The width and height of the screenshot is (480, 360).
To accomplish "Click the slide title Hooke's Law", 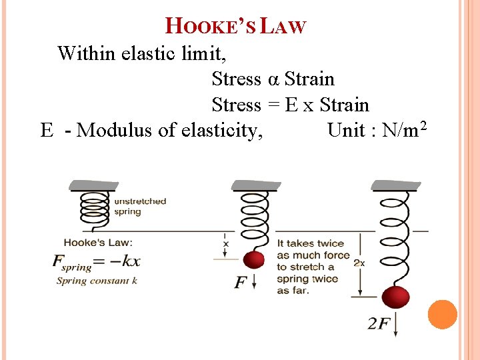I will pyautogui.click(x=235, y=26).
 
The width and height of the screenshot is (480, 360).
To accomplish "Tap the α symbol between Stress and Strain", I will pyautogui.click(x=273, y=79).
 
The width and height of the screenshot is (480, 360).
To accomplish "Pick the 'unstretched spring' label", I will pyautogui.click(x=140, y=205).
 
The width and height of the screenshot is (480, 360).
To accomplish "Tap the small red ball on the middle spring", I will pyautogui.click(x=254, y=260).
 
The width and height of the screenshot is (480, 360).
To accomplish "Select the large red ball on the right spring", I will pyautogui.click(x=395, y=297).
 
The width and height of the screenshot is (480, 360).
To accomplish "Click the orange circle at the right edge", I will pyautogui.click(x=442, y=315).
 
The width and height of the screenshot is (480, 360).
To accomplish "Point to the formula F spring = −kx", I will pyautogui.click(x=96, y=261).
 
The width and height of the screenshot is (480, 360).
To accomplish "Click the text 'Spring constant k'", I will pyautogui.click(x=97, y=281).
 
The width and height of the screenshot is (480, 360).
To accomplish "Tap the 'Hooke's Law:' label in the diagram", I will pyautogui.click(x=98, y=243).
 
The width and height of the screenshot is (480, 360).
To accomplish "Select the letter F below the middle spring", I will pyautogui.click(x=241, y=283).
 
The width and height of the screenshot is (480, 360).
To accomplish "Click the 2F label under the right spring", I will pyautogui.click(x=379, y=324).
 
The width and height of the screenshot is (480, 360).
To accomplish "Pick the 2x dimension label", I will pyautogui.click(x=359, y=263).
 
